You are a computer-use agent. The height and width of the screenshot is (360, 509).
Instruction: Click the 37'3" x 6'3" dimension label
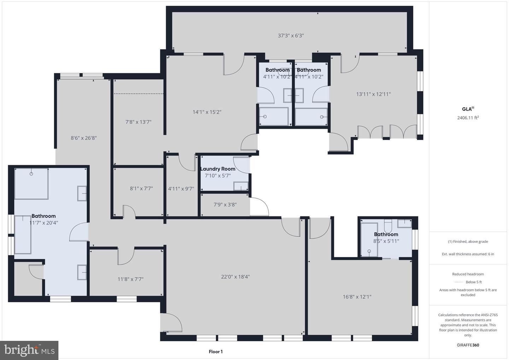291,35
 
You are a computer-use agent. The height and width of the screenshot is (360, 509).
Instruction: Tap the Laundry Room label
218,169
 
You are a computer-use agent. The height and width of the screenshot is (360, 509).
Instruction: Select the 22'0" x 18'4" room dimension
235,277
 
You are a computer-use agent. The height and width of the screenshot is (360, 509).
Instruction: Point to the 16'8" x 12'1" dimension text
357,297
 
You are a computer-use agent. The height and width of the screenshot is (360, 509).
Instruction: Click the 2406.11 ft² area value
468,118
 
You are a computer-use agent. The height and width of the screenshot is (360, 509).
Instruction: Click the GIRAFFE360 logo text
468,345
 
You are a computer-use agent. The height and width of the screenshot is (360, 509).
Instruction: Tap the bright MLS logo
29,350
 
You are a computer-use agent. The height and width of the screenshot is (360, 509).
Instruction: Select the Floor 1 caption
216,352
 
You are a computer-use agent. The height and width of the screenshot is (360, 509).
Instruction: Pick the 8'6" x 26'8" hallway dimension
84,138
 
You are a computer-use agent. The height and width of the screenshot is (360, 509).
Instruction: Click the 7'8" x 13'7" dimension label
138,122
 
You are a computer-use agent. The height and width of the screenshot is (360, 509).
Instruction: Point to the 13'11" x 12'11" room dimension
373,94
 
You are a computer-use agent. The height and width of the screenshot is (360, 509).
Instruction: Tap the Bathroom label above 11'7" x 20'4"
43,216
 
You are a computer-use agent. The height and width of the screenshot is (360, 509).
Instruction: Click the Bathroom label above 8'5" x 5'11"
386,234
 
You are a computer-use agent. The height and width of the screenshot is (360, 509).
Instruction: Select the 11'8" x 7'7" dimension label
130,279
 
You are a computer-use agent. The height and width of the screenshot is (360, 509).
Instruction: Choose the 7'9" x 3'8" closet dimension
225,204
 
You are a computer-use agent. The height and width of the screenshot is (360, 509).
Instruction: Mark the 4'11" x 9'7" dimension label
181,189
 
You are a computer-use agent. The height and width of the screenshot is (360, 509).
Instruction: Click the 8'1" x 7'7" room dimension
141,188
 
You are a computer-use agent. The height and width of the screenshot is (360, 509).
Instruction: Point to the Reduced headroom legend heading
468,274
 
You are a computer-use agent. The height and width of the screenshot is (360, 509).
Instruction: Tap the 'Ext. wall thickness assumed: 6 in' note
468,254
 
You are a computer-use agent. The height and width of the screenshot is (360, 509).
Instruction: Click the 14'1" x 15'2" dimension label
207,112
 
